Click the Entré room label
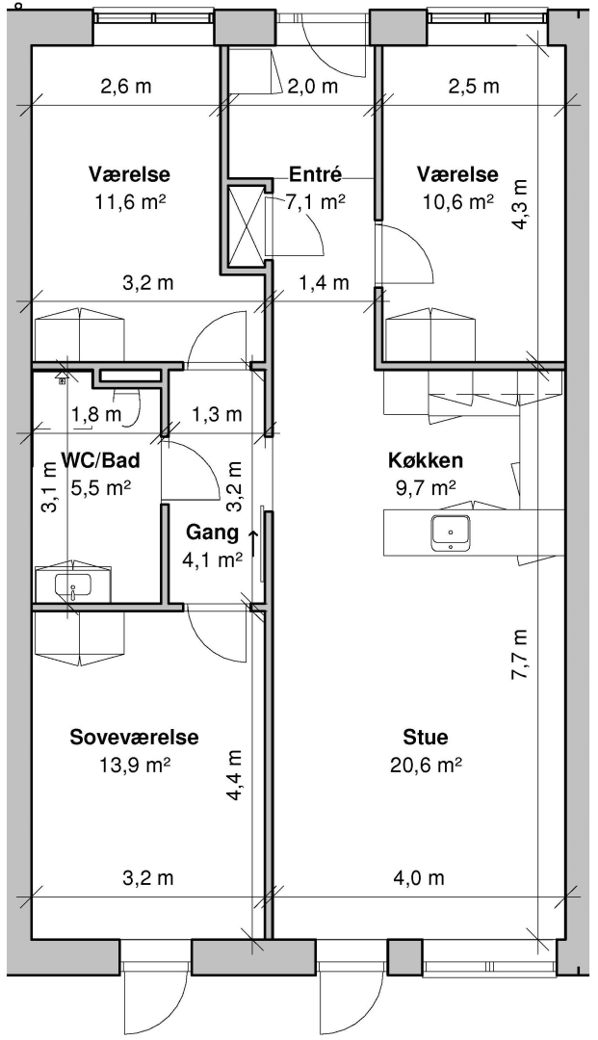point(316,174)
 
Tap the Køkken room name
point(425,460)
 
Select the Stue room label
point(426,737)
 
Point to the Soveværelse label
point(135,737)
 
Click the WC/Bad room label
point(101,459)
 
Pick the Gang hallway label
point(212,532)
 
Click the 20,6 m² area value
point(427,766)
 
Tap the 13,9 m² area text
point(135,766)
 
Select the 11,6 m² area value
point(130,201)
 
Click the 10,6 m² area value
point(458,201)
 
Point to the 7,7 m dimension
point(520,654)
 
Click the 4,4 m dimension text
point(235,775)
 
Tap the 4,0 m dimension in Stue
point(418,878)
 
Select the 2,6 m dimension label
point(126,87)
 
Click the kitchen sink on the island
point(452,533)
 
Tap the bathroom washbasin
point(73,585)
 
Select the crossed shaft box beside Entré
point(247,226)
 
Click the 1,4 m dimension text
point(324,283)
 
